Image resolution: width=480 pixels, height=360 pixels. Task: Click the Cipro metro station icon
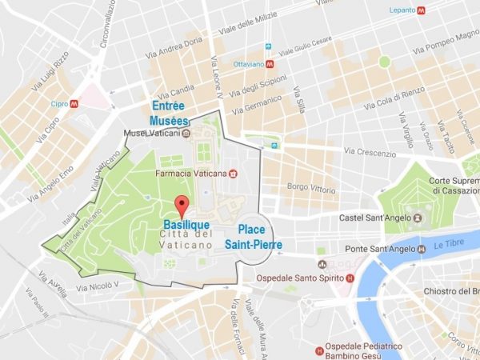pyautogui.click(x=74, y=103)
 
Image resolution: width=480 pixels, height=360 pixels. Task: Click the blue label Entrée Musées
pyautogui.click(x=170, y=113)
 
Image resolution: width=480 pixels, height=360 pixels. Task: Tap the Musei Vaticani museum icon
pyautogui.click(x=185, y=132)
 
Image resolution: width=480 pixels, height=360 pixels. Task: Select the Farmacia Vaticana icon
pyautogui.click(x=233, y=172)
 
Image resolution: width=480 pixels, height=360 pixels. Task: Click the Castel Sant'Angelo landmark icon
pyautogui.click(x=418, y=217)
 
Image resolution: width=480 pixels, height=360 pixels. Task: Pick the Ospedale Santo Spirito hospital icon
pyautogui.click(x=350, y=278)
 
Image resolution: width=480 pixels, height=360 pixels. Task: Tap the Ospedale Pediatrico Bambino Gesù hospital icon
pyautogui.click(x=319, y=349)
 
